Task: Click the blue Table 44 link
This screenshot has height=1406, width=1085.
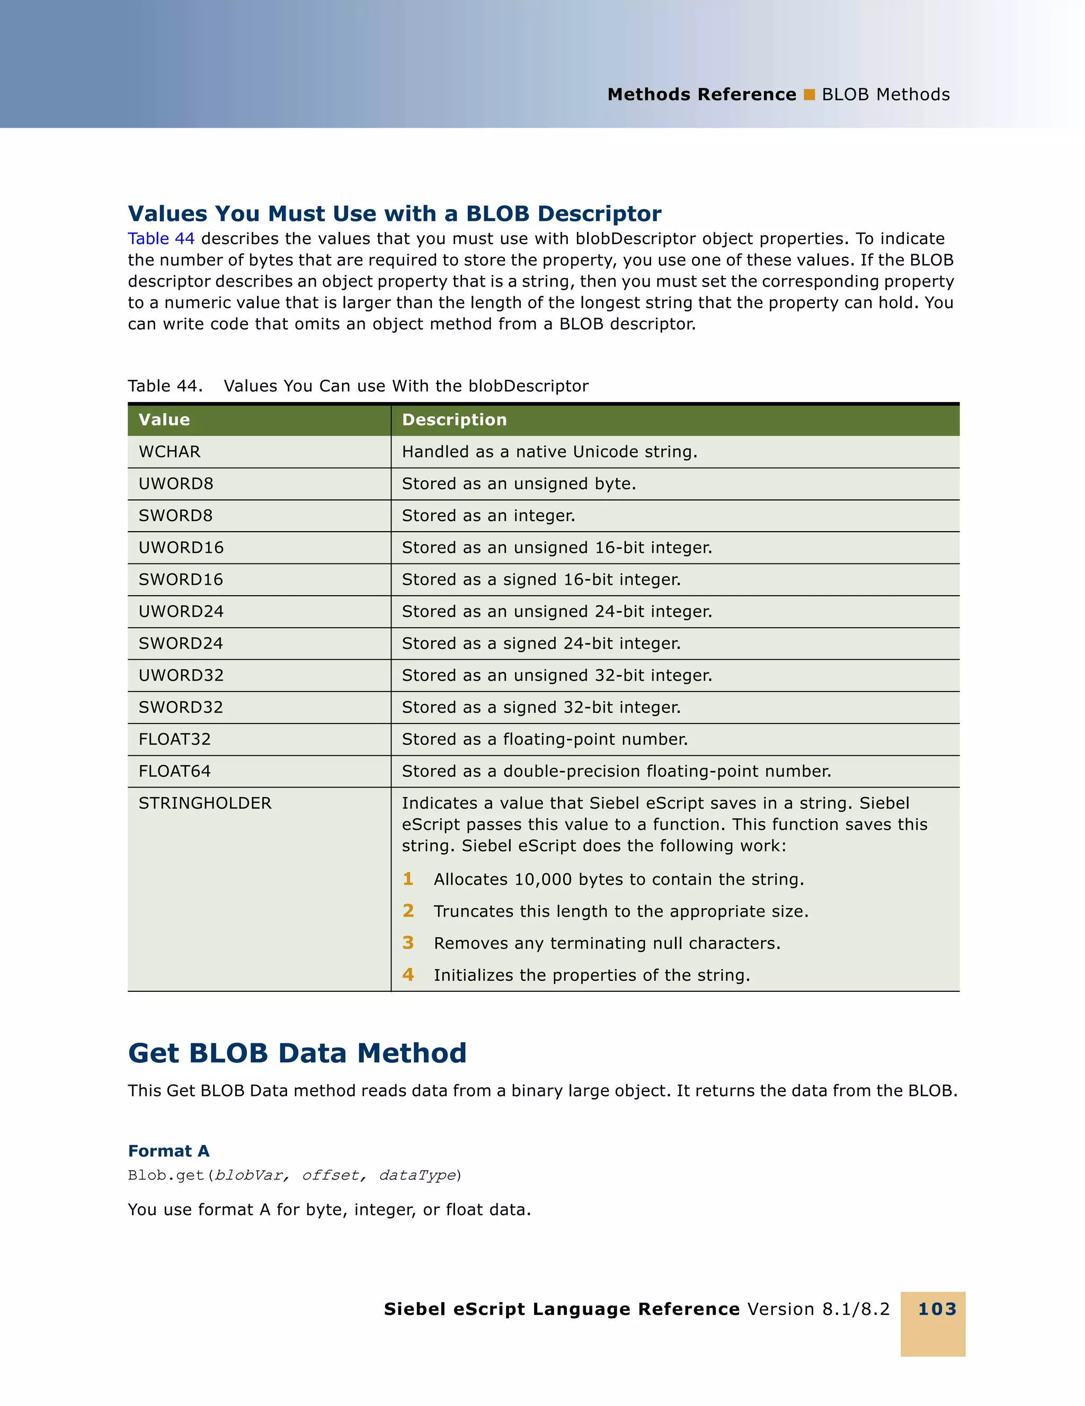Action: click(x=161, y=239)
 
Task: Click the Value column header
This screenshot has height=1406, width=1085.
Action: click(x=164, y=420)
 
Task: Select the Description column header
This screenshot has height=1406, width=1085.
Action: click(x=454, y=420)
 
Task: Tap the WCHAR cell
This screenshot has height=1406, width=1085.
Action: click(x=170, y=452)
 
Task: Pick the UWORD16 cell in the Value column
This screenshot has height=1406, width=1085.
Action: click(x=181, y=548)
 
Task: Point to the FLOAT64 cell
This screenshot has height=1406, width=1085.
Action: click(x=174, y=771)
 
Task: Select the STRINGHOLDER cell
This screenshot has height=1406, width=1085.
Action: click(x=205, y=803)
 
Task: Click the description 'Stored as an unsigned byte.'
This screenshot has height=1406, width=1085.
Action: click(x=518, y=484)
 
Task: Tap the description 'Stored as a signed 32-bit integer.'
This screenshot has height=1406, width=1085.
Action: click(x=541, y=708)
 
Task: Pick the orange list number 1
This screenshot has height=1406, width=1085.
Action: click(x=407, y=880)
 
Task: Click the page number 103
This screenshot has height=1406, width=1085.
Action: click(x=937, y=1310)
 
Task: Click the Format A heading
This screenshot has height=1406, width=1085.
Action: click(x=168, y=1151)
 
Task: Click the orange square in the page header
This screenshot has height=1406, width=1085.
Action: click(x=810, y=95)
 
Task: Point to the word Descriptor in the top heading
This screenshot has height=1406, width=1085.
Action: click(x=599, y=214)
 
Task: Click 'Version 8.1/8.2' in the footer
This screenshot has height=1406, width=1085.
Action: click(x=819, y=1310)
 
